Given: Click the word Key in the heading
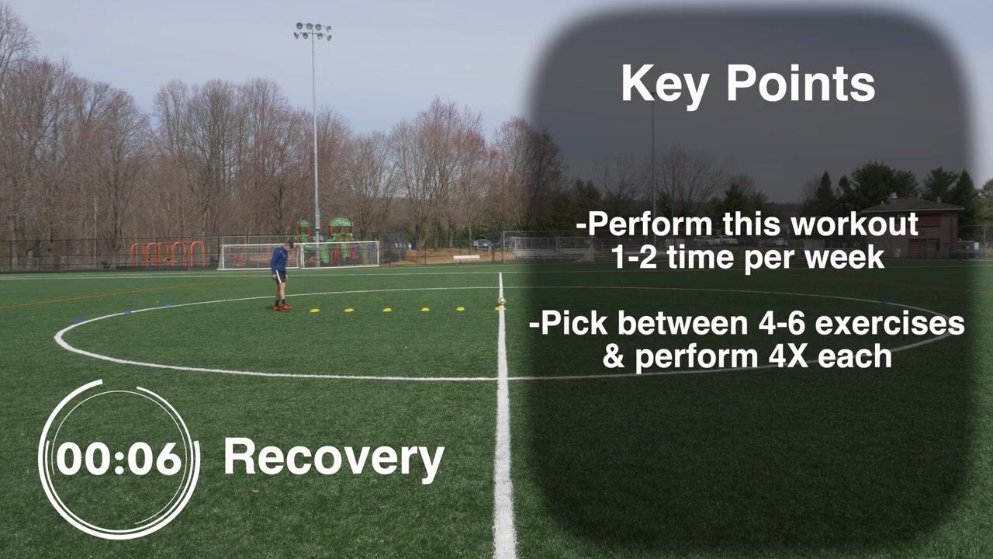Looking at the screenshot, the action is click(663, 85).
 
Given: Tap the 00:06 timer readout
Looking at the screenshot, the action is click(119, 459).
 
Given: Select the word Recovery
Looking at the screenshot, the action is click(334, 459).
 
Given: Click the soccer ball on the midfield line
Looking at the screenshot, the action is click(501, 301).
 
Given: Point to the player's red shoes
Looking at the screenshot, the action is click(282, 307).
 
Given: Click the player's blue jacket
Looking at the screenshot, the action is click(279, 260).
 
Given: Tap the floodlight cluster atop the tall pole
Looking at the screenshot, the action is click(313, 31).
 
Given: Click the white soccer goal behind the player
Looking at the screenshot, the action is click(299, 255).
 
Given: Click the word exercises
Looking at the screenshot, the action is click(890, 324).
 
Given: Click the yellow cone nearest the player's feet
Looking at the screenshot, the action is click(315, 310).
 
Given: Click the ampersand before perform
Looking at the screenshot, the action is click(614, 356).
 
